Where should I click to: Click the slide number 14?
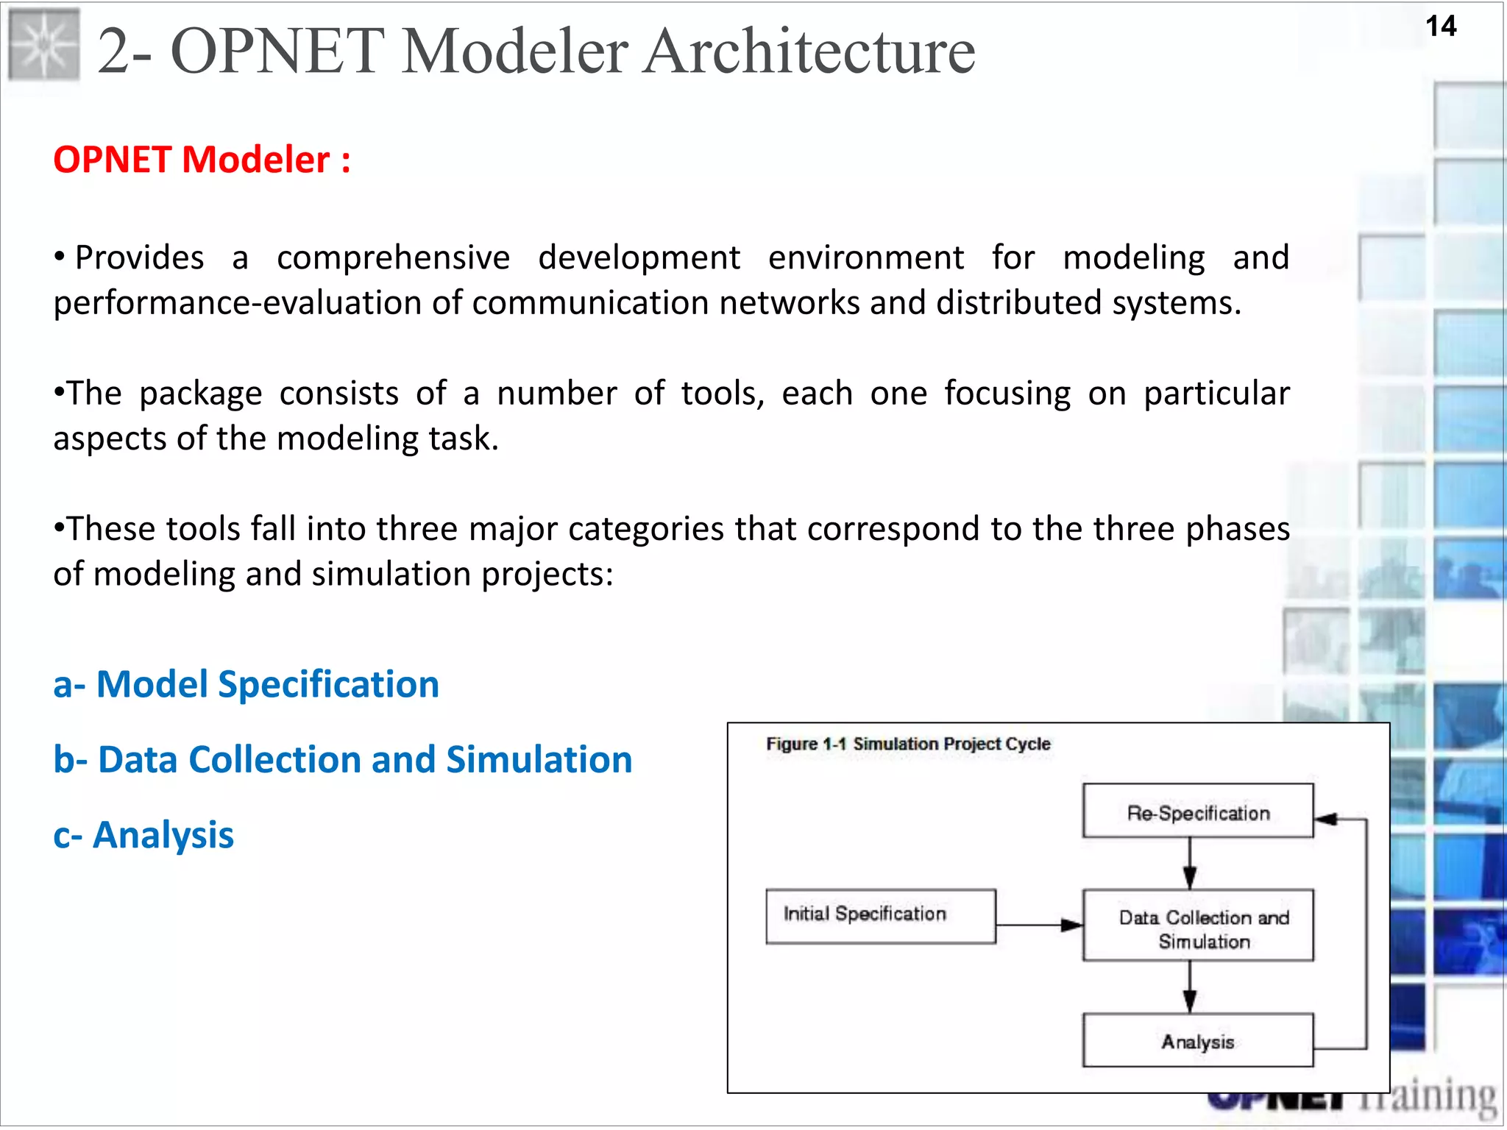[1440, 27]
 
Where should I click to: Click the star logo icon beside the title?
[44, 46]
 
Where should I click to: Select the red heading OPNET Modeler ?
[202, 160]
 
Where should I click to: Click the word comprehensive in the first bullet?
[393, 258]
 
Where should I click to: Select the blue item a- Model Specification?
[246, 684]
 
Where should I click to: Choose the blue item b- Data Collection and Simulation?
[342, 760]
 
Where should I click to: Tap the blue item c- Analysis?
[143, 836]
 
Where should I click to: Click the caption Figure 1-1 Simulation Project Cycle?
[908, 744]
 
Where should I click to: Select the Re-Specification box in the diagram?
[1197, 811]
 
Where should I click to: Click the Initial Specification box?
[880, 916]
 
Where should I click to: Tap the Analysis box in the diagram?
[1197, 1040]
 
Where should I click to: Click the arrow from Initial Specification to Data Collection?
[1038, 925]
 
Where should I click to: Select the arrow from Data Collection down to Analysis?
[1189, 987]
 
